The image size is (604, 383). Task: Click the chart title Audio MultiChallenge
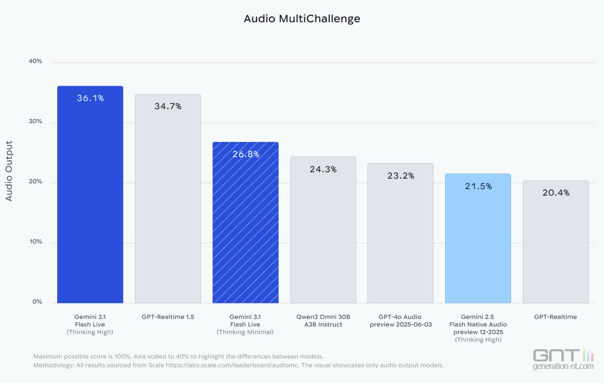[302, 19]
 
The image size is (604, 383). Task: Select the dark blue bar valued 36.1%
[90, 199]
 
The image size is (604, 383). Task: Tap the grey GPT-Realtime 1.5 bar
[168, 204]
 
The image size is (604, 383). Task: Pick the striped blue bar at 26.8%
[245, 228]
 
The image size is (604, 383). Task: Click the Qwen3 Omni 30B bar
[323, 234]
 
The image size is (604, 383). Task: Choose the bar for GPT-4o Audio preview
[400, 236]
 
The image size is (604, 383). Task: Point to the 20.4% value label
[556, 193]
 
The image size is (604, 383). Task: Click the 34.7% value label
[168, 106]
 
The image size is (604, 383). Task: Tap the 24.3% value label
[323, 169]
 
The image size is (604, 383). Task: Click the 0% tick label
[37, 302]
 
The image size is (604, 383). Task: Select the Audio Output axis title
[9, 171]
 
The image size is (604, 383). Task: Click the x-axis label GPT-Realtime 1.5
[168, 317]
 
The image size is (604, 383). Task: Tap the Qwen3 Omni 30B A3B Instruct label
[323, 321]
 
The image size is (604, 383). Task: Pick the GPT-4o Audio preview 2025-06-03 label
[401, 321]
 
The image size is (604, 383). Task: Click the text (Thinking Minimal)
[245, 332]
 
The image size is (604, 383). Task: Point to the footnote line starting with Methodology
[238, 365]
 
